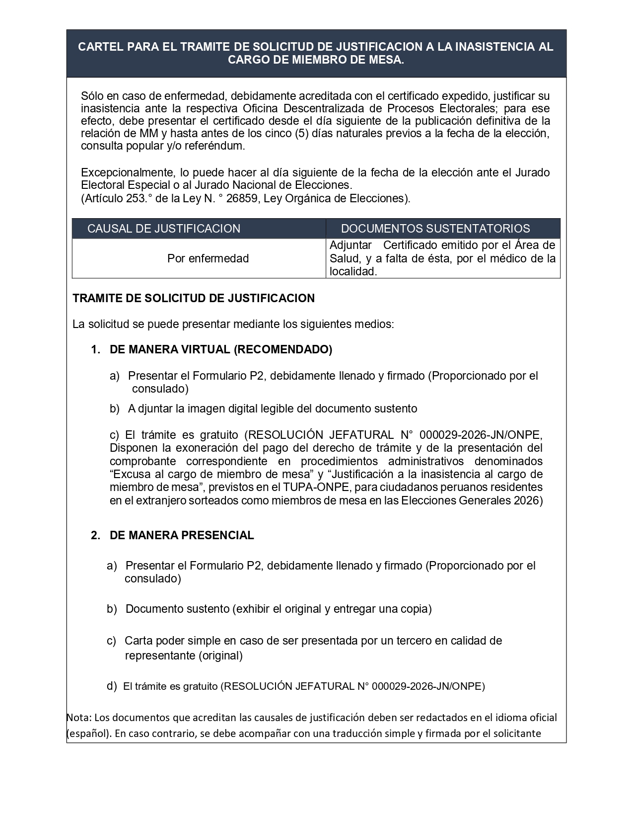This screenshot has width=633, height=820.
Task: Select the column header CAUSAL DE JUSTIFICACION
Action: tap(164, 229)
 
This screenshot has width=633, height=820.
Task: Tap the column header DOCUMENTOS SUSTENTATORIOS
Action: tap(435, 229)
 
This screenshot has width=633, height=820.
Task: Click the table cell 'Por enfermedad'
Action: tap(208, 258)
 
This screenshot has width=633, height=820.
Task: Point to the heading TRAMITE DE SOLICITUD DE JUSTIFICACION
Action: tap(194, 298)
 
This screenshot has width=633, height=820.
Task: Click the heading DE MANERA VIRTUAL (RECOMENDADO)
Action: tap(221, 349)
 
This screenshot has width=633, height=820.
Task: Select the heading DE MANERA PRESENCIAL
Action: tap(182, 535)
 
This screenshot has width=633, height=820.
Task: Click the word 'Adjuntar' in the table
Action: tap(351, 245)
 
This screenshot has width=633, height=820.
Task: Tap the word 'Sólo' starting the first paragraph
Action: tap(92, 96)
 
